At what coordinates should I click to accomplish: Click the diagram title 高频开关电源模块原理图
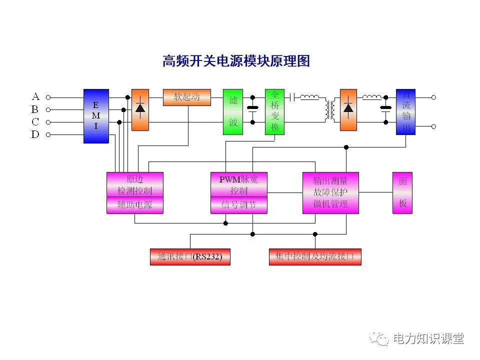pyautogui.click(x=236, y=61)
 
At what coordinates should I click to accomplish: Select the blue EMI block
pyautogui.click(x=96, y=116)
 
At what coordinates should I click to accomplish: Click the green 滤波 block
pyautogui.click(x=233, y=112)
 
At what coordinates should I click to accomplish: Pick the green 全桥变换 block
pyautogui.click(x=274, y=112)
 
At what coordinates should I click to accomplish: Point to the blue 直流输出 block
pyautogui.click(x=405, y=112)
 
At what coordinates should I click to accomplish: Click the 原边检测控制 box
pyautogui.click(x=135, y=184)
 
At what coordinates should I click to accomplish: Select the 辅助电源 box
pyautogui.click(x=135, y=205)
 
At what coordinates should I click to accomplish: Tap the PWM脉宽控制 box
pyautogui.click(x=238, y=184)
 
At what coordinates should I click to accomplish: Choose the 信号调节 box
pyautogui.click(x=238, y=205)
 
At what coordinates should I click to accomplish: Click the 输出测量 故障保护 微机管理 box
pyautogui.click(x=330, y=192)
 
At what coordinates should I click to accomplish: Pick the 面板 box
pyautogui.click(x=402, y=192)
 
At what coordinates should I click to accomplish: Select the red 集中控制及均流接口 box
pyautogui.click(x=315, y=257)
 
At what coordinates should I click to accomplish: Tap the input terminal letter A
pyautogui.click(x=35, y=97)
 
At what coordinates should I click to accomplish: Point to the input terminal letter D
pyautogui.click(x=35, y=134)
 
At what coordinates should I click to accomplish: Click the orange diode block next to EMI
pyautogui.click(x=140, y=110)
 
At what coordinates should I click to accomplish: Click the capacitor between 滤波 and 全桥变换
pyautogui.click(x=253, y=109)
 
